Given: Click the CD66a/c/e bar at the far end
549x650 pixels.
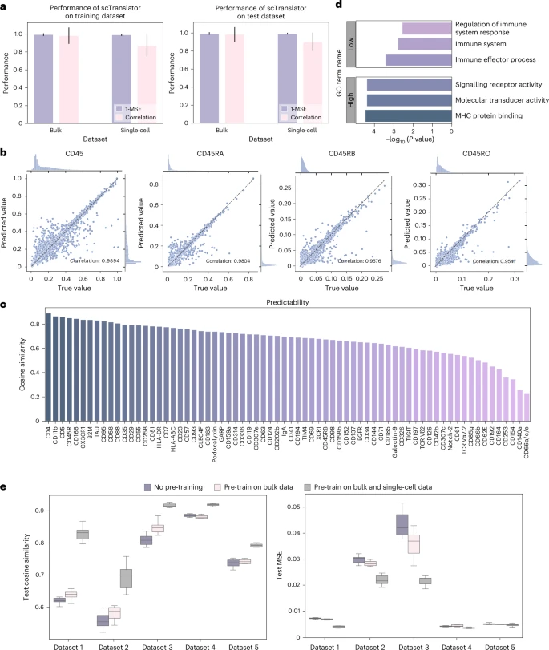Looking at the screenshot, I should (527, 408).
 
